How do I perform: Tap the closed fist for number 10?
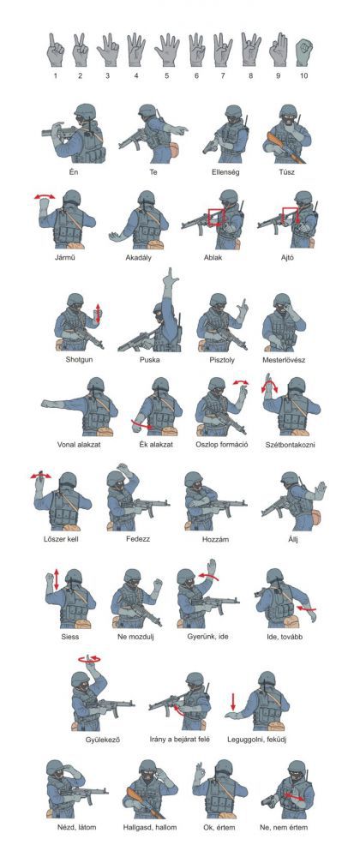point(303,53)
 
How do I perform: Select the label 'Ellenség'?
point(226,172)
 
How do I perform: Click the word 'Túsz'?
point(287,172)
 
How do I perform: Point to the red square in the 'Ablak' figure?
point(216,217)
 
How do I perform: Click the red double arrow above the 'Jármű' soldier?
point(45,196)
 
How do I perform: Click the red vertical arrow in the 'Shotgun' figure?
point(99,313)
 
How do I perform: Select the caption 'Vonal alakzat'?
point(79,444)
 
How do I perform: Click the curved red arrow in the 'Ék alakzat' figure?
point(143,425)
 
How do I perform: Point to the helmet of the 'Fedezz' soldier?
point(117,479)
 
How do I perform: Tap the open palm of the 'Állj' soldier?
point(320,489)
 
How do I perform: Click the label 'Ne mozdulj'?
point(135,637)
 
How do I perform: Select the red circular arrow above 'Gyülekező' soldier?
point(90,659)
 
